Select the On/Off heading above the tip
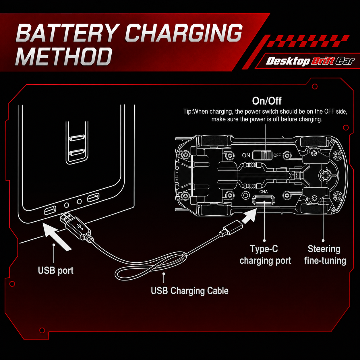pyautogui.click(x=267, y=101)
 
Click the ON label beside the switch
pyautogui.click(x=246, y=155)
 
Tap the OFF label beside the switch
pyautogui.click(x=277, y=155)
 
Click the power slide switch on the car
pyautogui.click(x=262, y=155)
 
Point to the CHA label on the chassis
pyautogui.click(x=264, y=192)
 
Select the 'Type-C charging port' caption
pyautogui.click(x=265, y=255)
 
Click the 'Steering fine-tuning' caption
pyautogui.click(x=325, y=255)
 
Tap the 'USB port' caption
pyautogui.click(x=56, y=271)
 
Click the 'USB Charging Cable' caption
pyautogui.click(x=190, y=291)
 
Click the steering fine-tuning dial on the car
pyautogui.click(x=326, y=175)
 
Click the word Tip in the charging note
pyautogui.click(x=187, y=112)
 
